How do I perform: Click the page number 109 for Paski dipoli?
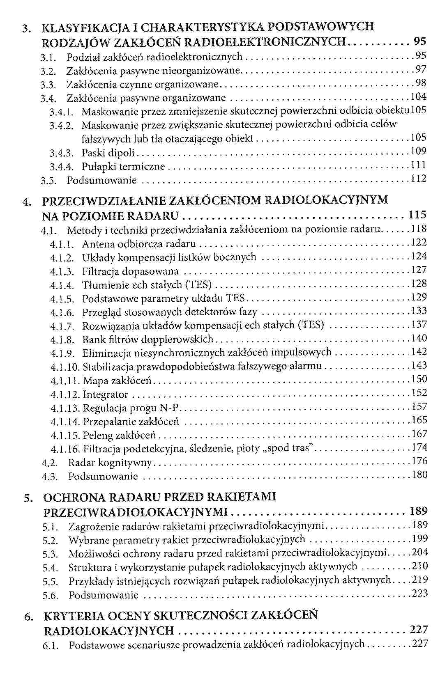click(419, 151)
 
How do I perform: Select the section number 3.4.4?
click(61, 167)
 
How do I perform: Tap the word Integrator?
click(106, 395)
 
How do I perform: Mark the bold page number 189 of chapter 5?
click(419, 511)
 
